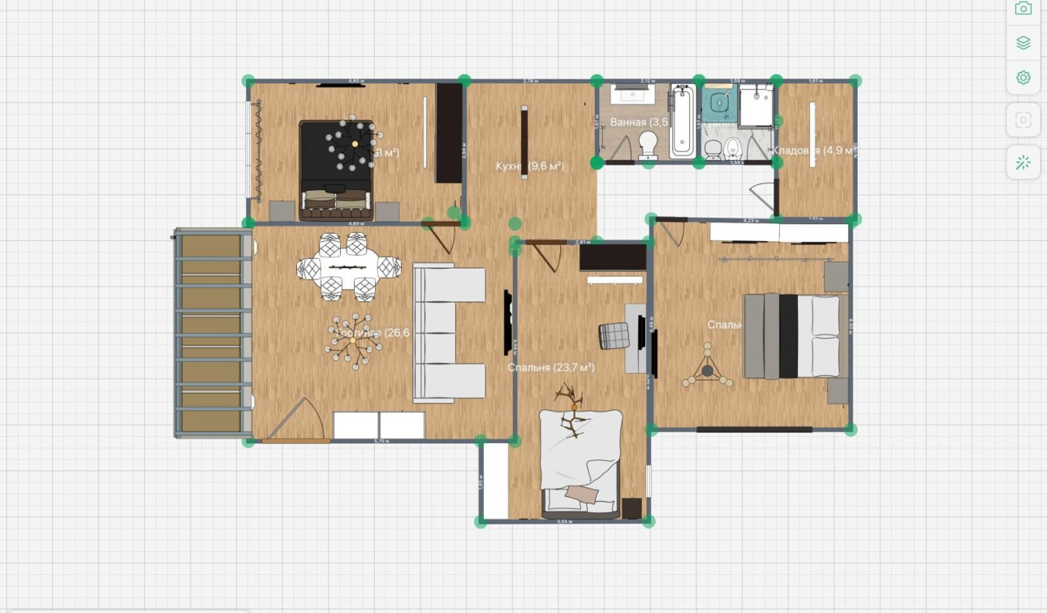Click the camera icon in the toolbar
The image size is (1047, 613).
coord(1023,9)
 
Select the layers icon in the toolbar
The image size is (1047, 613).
coord(1023,43)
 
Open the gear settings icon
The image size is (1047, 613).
coord(1023,78)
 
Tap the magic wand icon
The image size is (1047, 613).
coord(1023,162)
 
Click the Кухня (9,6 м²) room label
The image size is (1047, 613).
coord(530,166)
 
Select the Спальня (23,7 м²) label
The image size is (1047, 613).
coord(551,368)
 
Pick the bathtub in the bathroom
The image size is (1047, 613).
coord(682,122)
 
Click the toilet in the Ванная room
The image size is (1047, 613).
coord(648,145)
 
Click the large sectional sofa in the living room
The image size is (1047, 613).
coord(449,333)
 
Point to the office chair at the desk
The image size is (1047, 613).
coord(614,335)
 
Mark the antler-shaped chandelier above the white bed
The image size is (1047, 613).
coord(571,411)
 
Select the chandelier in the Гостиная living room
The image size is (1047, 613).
coord(354,339)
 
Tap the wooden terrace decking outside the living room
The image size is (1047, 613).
coord(211,333)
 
